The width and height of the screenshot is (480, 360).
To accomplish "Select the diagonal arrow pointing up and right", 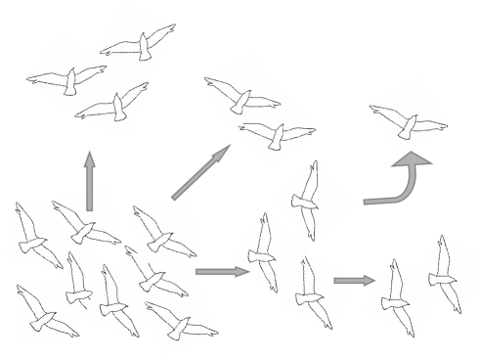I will [x=201, y=172].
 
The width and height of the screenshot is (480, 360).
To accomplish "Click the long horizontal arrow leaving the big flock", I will [x=222, y=272].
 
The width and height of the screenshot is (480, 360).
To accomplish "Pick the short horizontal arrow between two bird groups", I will [x=355, y=281].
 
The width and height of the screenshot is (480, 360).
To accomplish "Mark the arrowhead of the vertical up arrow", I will [x=90, y=158].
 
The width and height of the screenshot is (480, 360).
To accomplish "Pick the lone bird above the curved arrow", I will [x=408, y=119].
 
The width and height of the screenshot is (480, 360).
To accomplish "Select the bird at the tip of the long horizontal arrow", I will [x=261, y=254].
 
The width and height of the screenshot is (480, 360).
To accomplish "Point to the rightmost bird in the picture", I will [x=444, y=276].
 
